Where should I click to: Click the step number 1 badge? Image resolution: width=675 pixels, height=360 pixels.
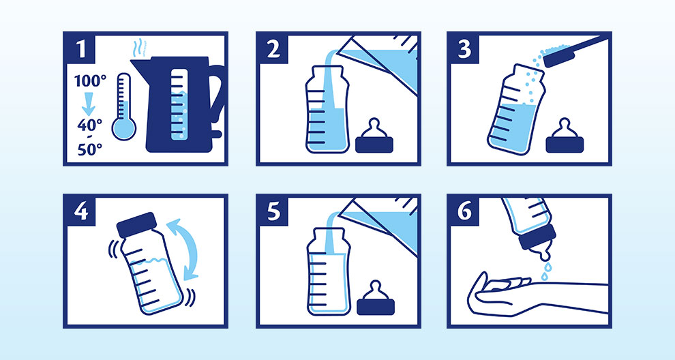[x=80, y=48]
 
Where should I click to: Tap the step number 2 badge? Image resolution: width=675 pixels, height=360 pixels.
[x=273, y=48]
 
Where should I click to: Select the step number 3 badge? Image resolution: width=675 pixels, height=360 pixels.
[x=464, y=48]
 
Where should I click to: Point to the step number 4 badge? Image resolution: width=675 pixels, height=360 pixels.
[x=80, y=211]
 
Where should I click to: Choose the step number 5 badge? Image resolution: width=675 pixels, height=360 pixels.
[x=273, y=211]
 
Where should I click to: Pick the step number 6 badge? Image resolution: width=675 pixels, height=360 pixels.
[x=464, y=211]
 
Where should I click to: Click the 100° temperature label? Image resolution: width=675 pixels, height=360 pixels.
[x=90, y=80]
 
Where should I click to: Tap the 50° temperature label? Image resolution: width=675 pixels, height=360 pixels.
[x=90, y=149]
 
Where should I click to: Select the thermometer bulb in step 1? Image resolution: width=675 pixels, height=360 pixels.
[x=123, y=128]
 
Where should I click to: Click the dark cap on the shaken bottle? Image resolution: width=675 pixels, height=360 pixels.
[x=136, y=224]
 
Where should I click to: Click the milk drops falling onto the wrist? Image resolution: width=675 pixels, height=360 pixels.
[x=545, y=271]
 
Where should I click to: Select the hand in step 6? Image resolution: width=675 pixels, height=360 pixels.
[x=499, y=292]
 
